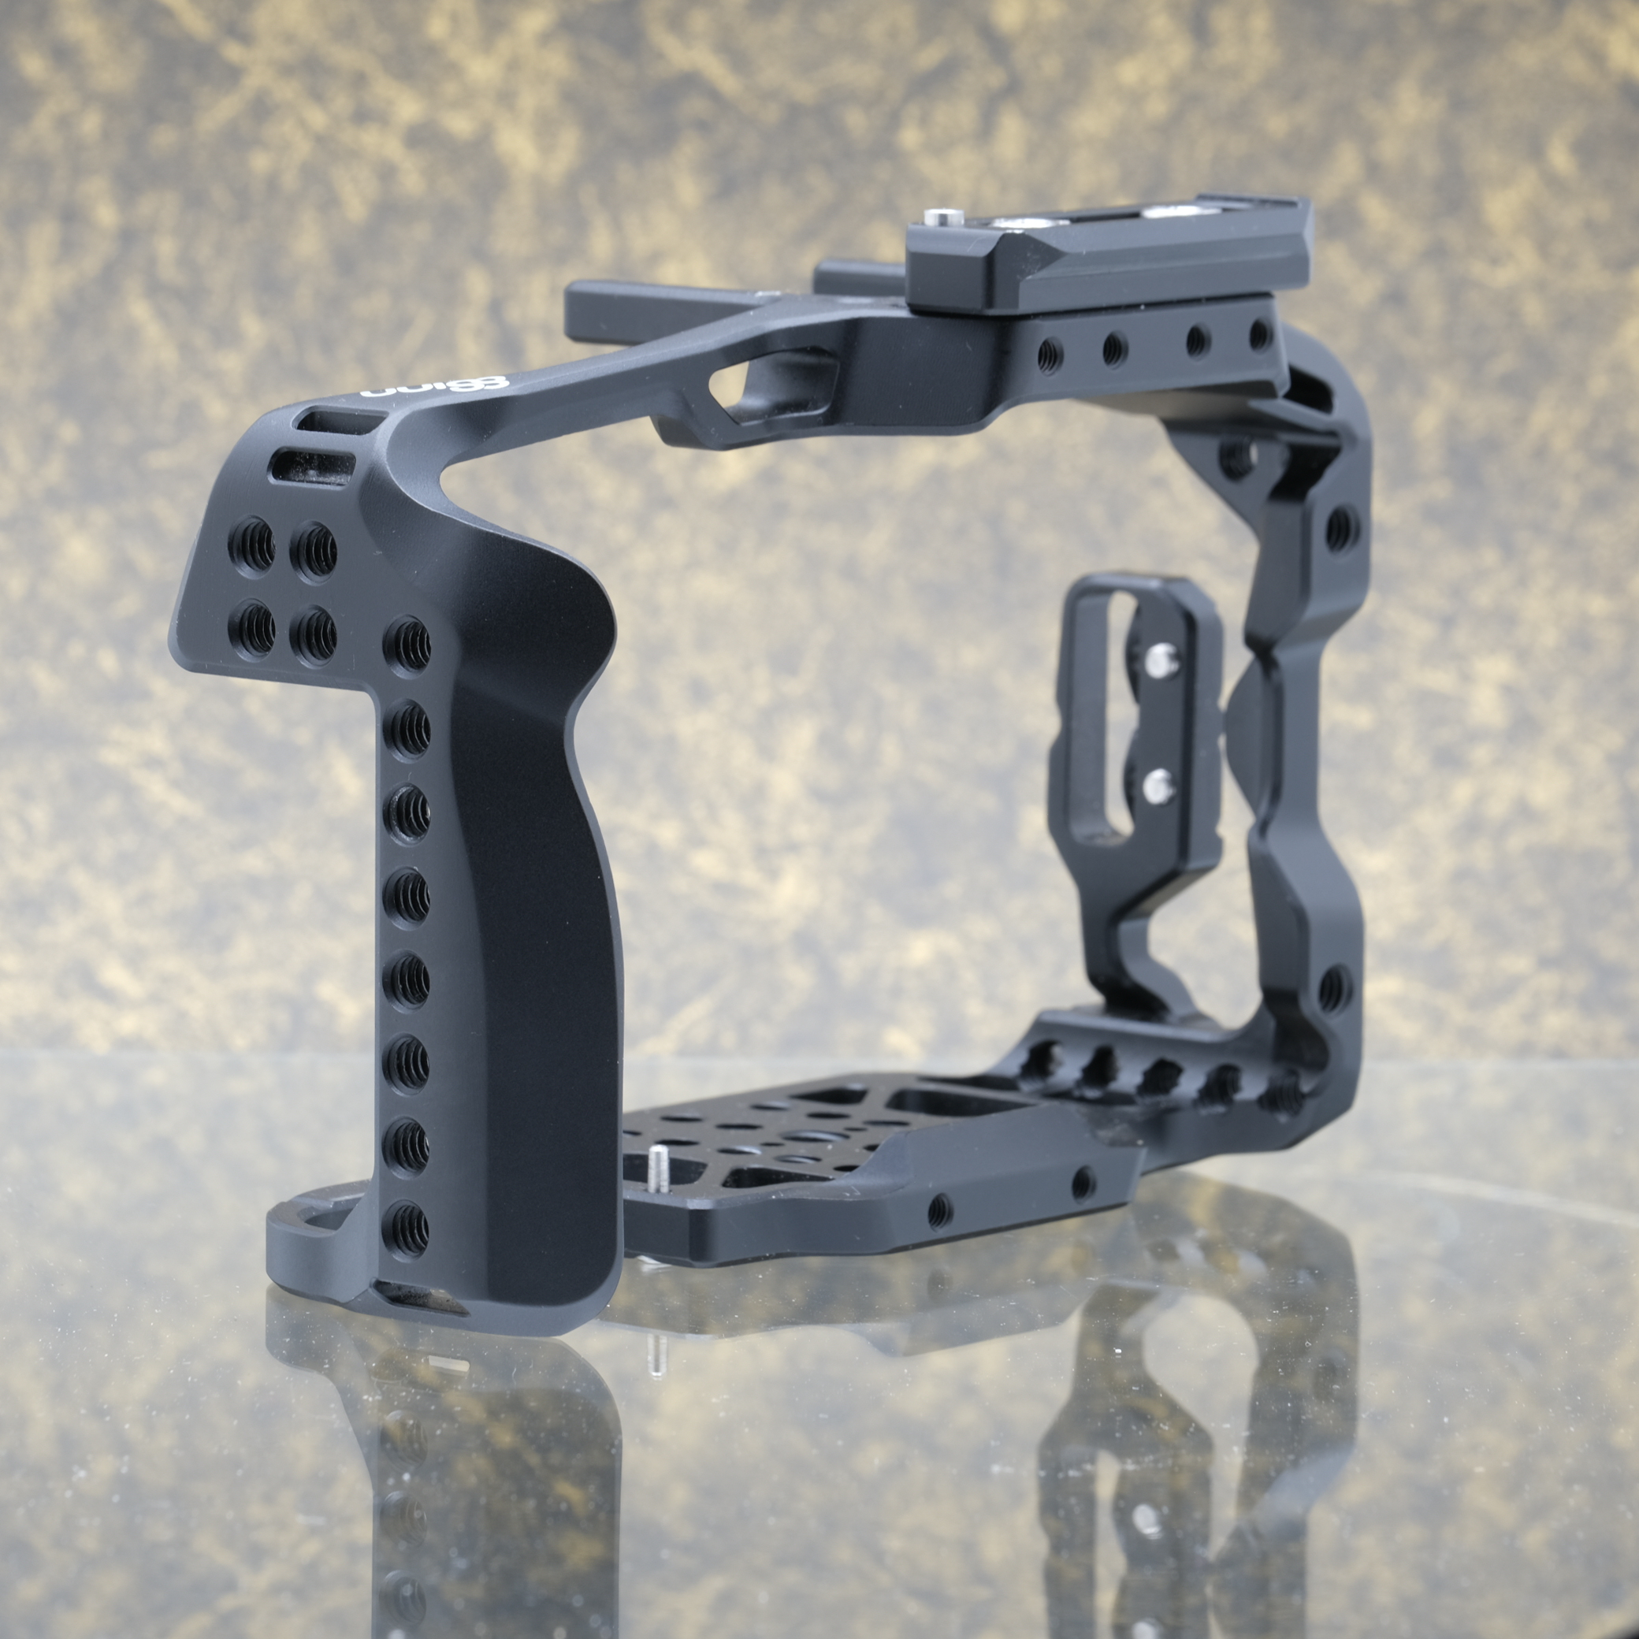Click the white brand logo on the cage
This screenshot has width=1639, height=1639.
click(433, 387)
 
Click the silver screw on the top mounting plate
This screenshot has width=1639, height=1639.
click(938, 218)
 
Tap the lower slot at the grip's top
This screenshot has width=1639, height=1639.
click(311, 468)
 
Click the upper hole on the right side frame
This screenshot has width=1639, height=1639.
click(1339, 530)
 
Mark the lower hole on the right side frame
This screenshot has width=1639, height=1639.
click(1332, 987)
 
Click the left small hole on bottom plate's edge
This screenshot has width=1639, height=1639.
click(938, 1210)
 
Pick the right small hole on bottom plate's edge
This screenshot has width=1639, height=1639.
click(1082, 1181)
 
